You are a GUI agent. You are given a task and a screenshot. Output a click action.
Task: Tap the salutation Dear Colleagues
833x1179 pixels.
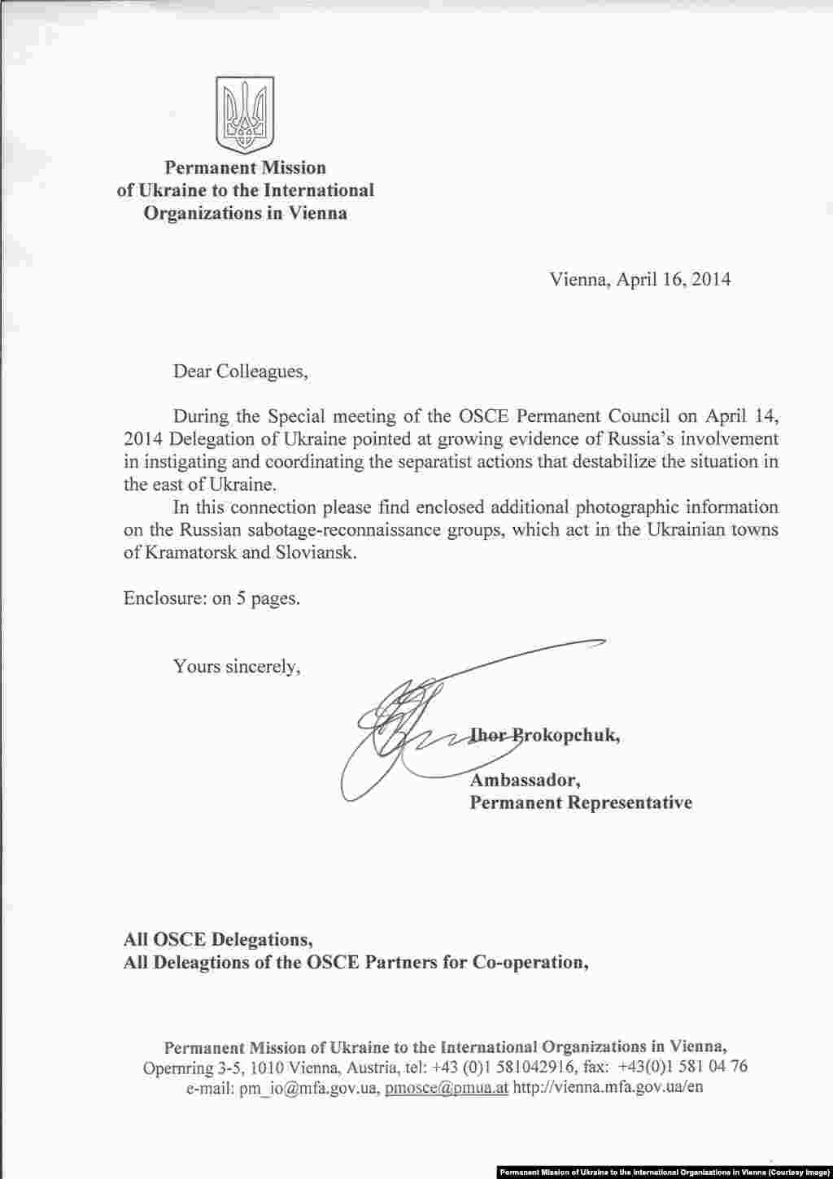click(241, 372)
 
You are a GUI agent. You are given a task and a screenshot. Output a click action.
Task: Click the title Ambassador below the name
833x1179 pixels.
click(525, 781)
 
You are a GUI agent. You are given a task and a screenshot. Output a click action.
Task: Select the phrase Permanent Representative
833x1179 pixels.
click(581, 803)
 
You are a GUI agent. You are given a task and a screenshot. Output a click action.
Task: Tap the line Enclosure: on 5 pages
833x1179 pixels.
click(212, 599)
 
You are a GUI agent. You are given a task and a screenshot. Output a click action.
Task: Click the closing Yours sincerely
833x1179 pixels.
click(237, 667)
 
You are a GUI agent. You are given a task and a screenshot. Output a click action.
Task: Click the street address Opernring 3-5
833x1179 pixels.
click(192, 1067)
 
